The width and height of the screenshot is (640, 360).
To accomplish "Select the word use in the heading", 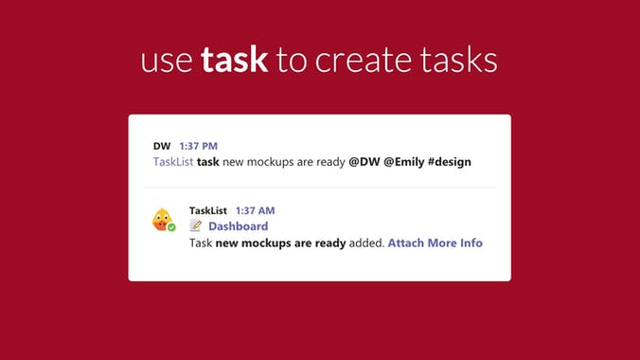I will (x=167, y=62).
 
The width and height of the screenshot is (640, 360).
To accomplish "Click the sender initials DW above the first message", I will (x=162, y=146).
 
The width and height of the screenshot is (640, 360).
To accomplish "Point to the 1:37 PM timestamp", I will (x=199, y=146).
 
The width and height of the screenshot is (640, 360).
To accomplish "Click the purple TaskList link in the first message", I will (x=173, y=162).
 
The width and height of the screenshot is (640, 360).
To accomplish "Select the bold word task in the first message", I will (x=208, y=162).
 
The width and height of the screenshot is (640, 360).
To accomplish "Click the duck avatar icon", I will (x=163, y=220).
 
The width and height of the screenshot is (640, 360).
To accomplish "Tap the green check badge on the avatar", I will (x=171, y=228).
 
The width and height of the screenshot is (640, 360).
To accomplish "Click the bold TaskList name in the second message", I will (x=208, y=210).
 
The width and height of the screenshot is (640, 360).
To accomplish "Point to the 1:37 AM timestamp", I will (x=255, y=210).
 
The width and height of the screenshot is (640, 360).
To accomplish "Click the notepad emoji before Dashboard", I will (x=196, y=226).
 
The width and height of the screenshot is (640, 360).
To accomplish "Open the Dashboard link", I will (x=238, y=226).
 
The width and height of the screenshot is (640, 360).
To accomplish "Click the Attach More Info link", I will (x=435, y=243).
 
